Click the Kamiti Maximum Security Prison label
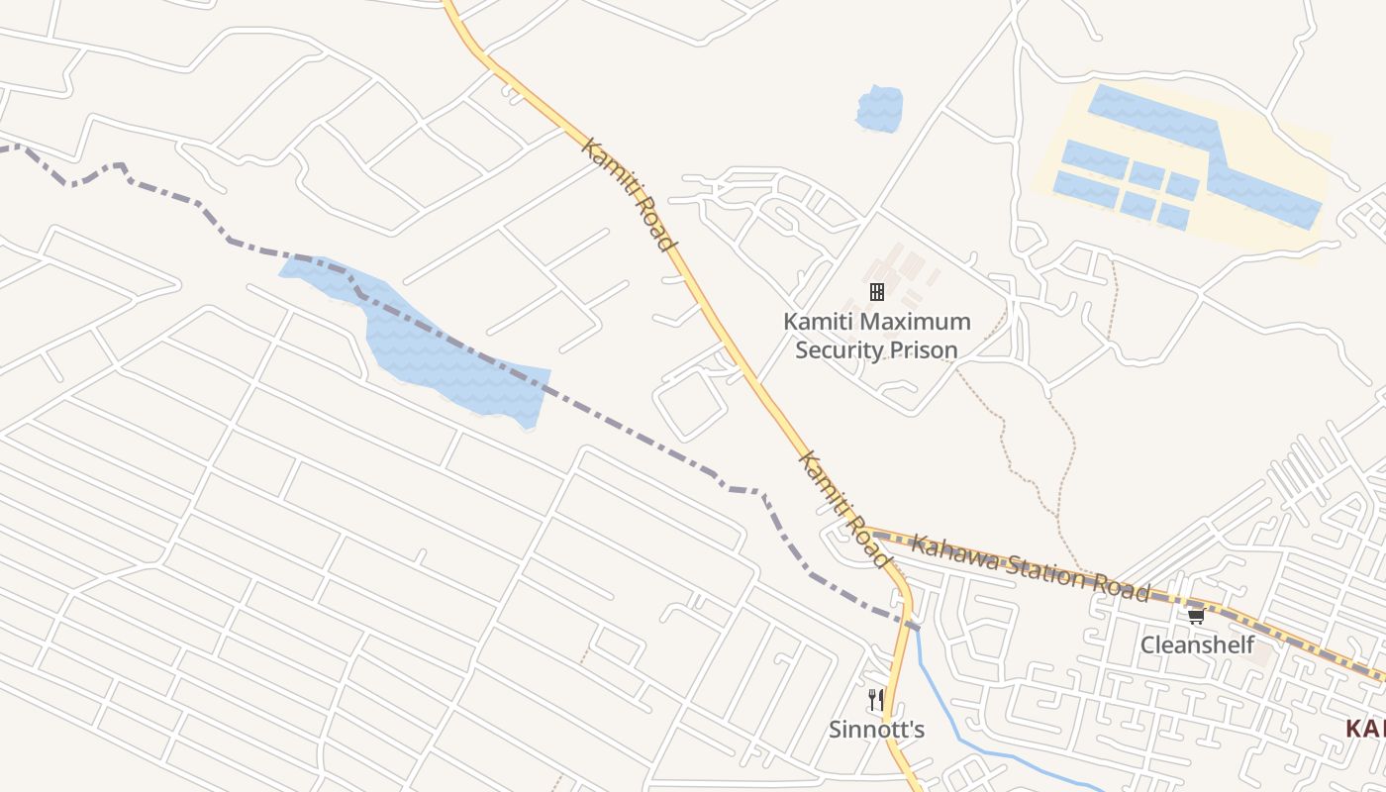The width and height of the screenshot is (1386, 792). point(876,336)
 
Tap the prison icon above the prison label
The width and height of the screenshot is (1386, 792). point(876,291)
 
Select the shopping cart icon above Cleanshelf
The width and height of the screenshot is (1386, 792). point(1196,616)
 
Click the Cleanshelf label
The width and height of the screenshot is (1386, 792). point(1197,645)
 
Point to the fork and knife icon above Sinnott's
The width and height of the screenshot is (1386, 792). point(876,700)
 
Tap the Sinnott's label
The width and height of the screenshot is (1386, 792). point(876,731)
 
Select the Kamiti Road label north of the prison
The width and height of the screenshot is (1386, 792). point(629,194)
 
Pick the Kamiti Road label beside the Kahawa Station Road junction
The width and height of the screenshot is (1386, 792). point(843,510)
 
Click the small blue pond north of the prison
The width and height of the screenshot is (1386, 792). point(879,109)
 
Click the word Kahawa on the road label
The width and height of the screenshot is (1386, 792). point(954,552)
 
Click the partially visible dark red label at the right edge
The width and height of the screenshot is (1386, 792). point(1366,730)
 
